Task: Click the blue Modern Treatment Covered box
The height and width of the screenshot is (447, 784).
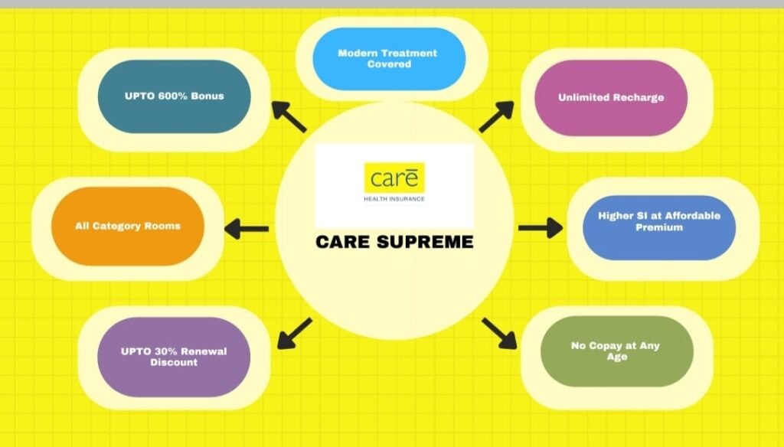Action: point(387,59)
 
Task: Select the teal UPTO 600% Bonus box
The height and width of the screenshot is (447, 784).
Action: point(175,96)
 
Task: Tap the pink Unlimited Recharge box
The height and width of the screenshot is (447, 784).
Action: point(610,98)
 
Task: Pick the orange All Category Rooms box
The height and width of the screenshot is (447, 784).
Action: point(128,227)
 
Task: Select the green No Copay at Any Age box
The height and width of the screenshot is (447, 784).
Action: point(616,351)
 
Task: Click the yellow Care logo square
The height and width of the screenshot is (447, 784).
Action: point(394,178)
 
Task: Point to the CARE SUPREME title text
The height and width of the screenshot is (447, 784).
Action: point(394,243)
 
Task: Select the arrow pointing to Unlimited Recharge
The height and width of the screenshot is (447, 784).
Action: point(496,117)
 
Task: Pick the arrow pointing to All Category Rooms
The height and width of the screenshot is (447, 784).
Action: point(246,228)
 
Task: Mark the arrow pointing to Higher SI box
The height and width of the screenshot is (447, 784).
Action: point(541,227)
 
